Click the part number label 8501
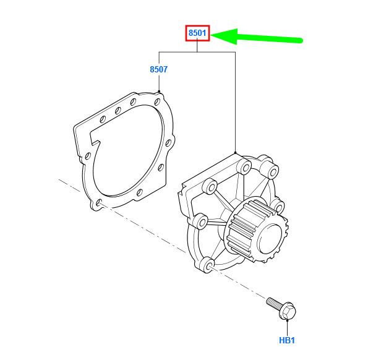pos(197,33)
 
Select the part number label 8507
pos(159,69)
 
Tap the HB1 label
pos(287,340)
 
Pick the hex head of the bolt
pos(288,311)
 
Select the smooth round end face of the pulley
pos(270,238)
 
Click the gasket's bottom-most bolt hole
pos(99,202)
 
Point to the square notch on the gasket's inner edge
pos(95,139)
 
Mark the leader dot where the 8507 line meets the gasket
pos(159,92)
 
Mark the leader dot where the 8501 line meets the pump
pos(235,153)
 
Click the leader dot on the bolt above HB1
pos(287,320)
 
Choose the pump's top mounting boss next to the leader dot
pos(244,166)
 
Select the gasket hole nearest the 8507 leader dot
pos(157,101)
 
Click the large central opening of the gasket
pos(127,150)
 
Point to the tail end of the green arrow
pos(301,41)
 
